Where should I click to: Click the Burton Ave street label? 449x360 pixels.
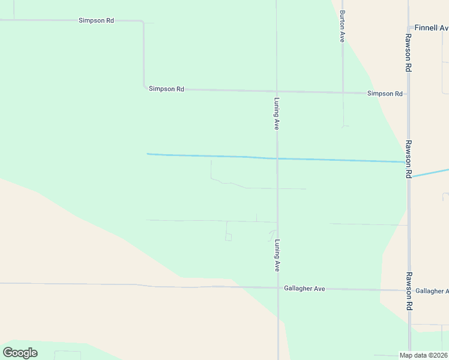(342, 26)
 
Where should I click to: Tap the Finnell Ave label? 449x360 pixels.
(431, 28)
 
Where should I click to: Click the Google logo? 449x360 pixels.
(20, 353)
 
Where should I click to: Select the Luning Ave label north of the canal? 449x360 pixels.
(277, 113)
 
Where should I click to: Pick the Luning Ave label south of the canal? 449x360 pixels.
(277, 256)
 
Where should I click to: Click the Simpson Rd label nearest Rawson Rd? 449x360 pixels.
(385, 94)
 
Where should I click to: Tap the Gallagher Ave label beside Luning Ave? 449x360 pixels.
(304, 289)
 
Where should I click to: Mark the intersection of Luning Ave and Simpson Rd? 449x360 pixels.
(277, 92)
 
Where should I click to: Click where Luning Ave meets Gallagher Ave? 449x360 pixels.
(277, 288)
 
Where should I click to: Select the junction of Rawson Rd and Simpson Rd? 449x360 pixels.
(408, 94)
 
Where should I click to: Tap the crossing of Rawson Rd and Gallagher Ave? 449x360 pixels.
(409, 290)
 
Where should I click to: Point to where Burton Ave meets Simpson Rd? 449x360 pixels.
(342, 93)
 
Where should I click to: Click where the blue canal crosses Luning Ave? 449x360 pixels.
(277, 158)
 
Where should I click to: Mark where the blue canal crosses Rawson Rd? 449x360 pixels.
(408, 162)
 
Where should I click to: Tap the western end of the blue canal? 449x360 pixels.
(148, 154)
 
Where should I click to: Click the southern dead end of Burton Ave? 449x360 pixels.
(343, 126)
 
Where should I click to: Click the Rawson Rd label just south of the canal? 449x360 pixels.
(408, 159)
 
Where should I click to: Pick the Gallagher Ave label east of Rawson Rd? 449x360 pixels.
(432, 291)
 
